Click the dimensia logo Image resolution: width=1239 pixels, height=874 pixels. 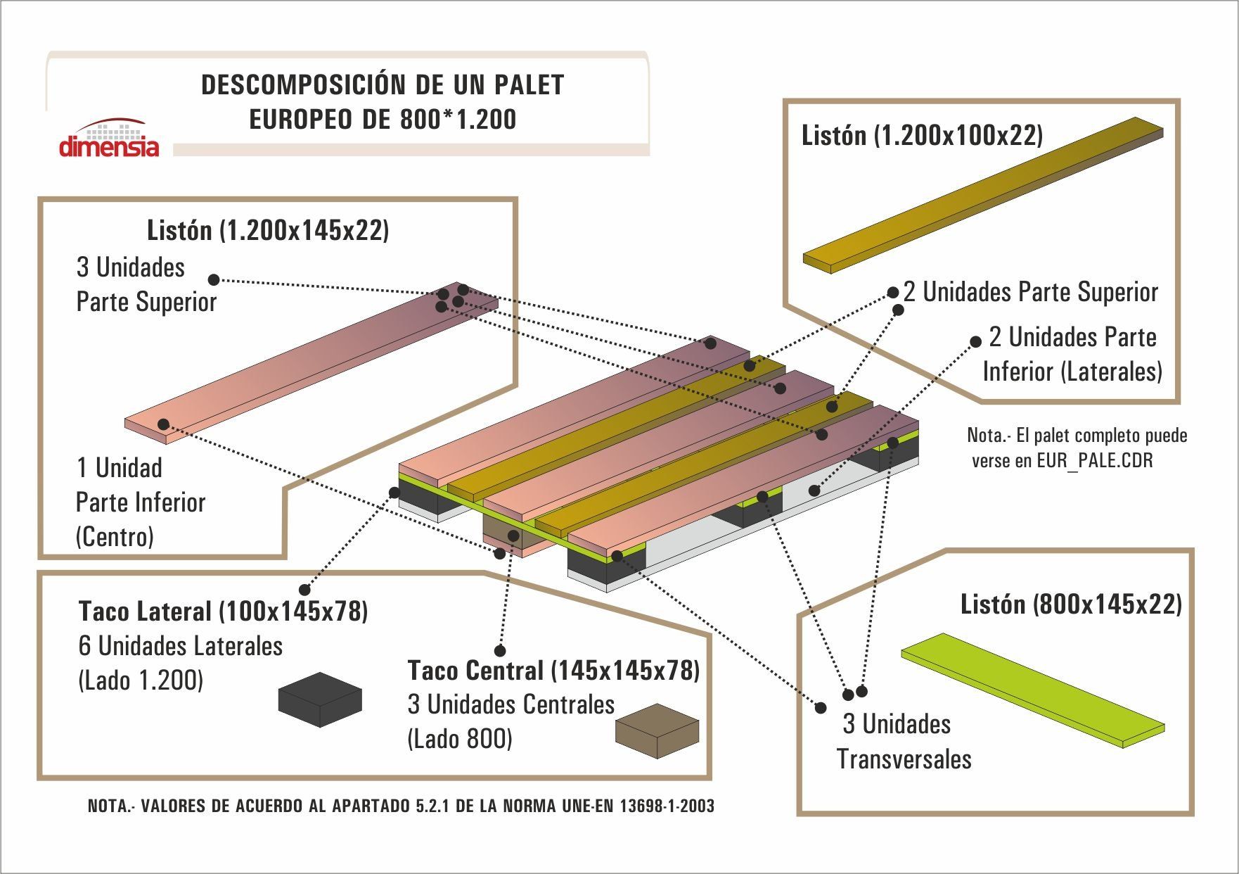point(109,138)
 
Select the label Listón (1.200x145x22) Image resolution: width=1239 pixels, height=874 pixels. point(268,230)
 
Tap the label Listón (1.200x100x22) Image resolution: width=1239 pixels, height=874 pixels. point(922,135)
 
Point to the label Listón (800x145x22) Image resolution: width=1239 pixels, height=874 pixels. point(1071,604)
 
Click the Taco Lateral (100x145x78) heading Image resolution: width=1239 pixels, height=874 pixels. point(223,611)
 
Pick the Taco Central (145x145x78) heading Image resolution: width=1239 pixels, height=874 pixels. point(553,670)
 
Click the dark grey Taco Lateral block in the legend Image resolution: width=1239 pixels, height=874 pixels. point(320,699)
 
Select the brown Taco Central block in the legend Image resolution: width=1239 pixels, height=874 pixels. point(657,730)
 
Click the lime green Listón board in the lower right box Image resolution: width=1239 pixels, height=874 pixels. point(1033,690)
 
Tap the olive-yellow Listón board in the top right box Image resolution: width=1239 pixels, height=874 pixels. point(983,195)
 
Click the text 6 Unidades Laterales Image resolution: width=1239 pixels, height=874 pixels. point(181,646)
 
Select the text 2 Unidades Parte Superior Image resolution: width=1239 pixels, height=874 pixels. point(1030,292)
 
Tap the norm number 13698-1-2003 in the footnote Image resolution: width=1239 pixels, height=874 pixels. point(667,806)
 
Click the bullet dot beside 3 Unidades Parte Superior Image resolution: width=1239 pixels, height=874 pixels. point(214,279)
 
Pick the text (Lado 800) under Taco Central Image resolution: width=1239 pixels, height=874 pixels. point(460,739)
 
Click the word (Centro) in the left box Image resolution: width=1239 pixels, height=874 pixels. point(115,538)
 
